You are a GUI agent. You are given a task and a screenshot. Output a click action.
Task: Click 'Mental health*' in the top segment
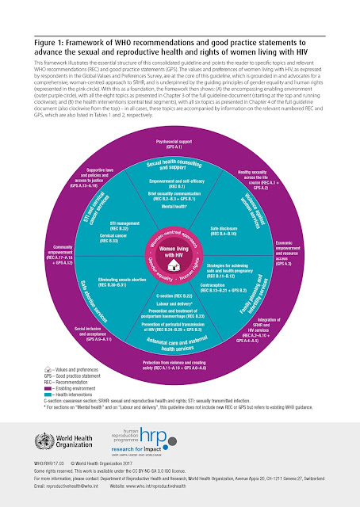click(179, 227)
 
